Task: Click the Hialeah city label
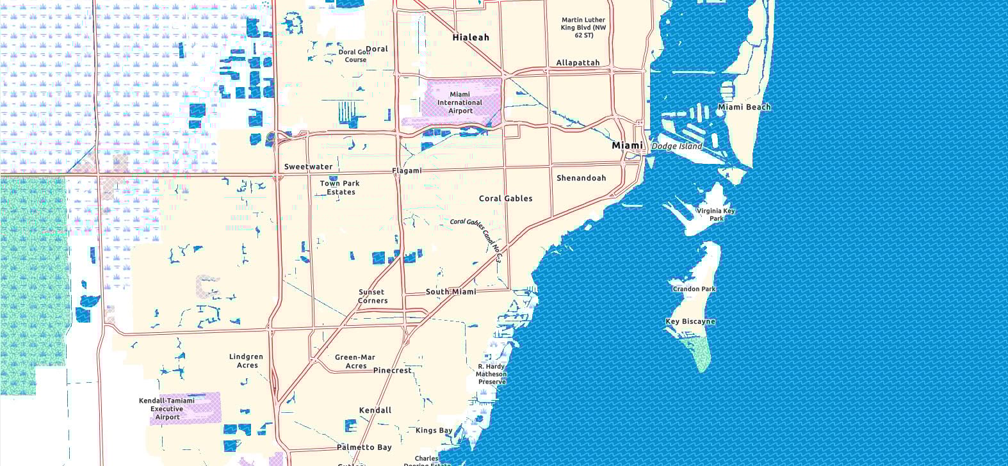(471, 37)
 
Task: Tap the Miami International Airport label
(460, 102)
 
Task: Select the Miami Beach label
(744, 107)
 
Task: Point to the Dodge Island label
(677, 146)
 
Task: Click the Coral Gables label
(506, 198)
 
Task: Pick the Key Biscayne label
(690, 321)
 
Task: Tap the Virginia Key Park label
(716, 214)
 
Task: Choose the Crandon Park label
(694, 289)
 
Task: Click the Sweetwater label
(308, 166)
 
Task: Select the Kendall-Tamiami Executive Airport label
(167, 409)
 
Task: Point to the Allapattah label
(578, 63)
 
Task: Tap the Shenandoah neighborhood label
(581, 178)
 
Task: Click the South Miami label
(451, 292)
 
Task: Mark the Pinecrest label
(393, 370)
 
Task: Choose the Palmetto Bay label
(364, 447)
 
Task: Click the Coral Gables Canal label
(476, 237)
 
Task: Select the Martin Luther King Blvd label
(583, 28)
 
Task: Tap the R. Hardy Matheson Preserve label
(491, 374)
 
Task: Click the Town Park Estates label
(340, 188)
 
